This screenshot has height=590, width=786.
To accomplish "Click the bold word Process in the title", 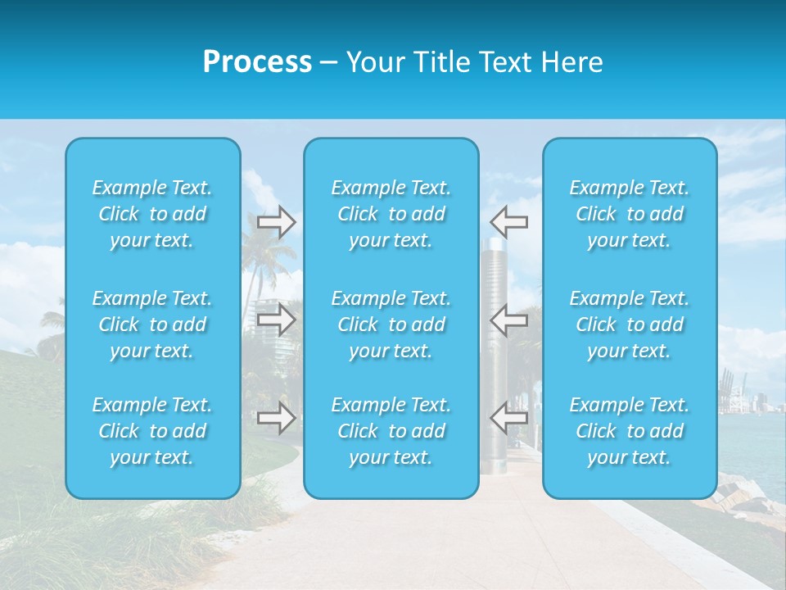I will click(x=257, y=61).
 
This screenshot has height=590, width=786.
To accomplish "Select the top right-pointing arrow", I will click(x=277, y=223).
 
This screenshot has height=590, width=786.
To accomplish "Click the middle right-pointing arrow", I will click(x=277, y=320).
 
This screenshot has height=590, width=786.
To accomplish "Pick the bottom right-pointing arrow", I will click(x=277, y=418).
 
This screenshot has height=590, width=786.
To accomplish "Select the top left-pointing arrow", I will click(x=509, y=221).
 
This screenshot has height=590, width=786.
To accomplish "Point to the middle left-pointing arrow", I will click(x=509, y=319).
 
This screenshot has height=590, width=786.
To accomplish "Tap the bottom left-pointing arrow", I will click(x=509, y=418).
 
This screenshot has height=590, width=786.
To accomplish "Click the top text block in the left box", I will click(x=152, y=214).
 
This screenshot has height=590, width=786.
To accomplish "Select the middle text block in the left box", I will click(x=152, y=324).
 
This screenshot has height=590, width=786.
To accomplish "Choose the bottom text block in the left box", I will click(x=152, y=431).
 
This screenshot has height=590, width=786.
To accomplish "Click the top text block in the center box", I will click(x=391, y=214).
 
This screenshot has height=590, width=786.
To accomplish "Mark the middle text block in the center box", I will click(x=391, y=324).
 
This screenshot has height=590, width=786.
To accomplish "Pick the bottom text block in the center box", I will click(x=391, y=431).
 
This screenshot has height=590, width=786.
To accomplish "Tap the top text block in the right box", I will click(x=630, y=214).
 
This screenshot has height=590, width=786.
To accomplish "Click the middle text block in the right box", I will click(x=630, y=324).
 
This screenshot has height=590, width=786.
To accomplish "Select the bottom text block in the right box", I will click(x=630, y=431).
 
